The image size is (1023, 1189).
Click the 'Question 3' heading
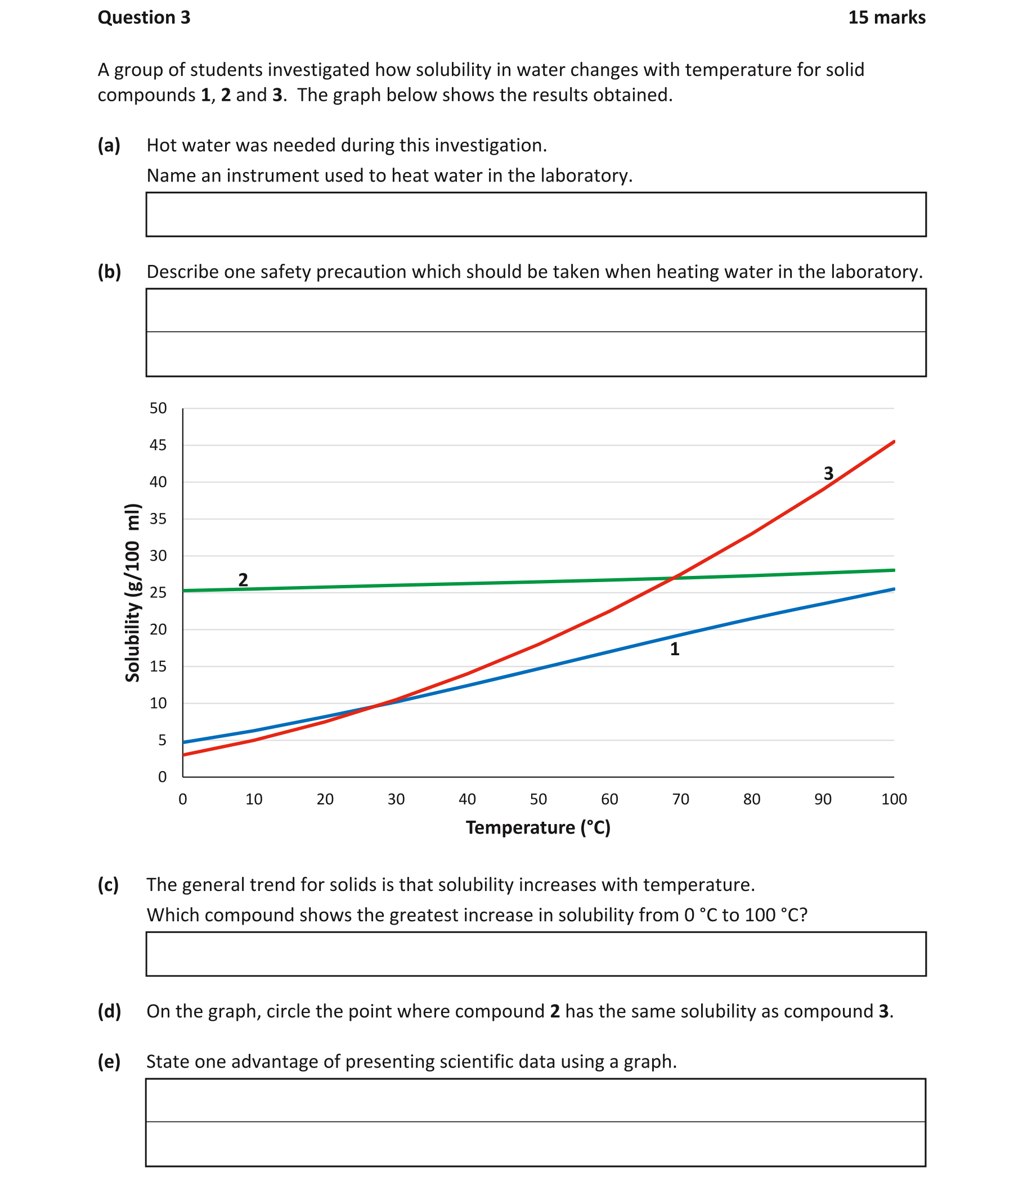(x=143, y=18)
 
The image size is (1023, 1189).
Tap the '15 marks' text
(x=886, y=18)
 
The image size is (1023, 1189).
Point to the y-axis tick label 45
(x=158, y=445)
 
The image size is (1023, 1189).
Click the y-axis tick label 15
(x=158, y=666)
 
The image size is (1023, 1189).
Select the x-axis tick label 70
(x=680, y=799)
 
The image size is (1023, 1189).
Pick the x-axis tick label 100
(x=894, y=799)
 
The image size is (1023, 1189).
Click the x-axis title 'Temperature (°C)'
(x=538, y=827)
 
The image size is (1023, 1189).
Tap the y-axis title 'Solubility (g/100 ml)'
(x=132, y=592)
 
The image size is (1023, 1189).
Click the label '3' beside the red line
(x=828, y=474)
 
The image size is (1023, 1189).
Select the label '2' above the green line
(x=243, y=579)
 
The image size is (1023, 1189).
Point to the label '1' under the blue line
(x=675, y=649)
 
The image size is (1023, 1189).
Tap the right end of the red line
(x=893, y=442)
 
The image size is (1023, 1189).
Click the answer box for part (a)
(x=536, y=214)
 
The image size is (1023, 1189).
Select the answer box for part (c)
(x=536, y=954)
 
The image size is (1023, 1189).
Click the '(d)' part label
(x=109, y=1011)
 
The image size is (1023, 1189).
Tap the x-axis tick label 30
(x=396, y=799)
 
